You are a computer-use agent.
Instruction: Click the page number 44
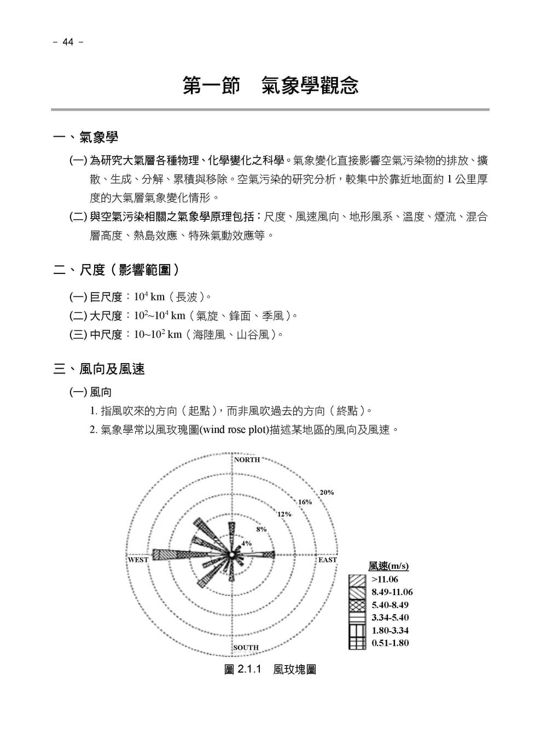pyautogui.click(x=68, y=42)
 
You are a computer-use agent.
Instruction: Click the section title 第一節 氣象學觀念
pyautogui.click(x=270, y=86)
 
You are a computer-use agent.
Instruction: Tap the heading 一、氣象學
pyautogui.click(x=86, y=137)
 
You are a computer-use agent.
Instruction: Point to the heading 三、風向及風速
pyautogui.click(x=99, y=369)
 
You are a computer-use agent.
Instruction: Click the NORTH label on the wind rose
pyautogui.click(x=247, y=459)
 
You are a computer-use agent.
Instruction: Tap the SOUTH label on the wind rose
pyautogui.click(x=246, y=648)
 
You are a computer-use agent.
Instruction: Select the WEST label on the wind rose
pyautogui.click(x=138, y=560)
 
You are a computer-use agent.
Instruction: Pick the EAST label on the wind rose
pyautogui.click(x=327, y=560)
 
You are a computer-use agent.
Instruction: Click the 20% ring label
pyautogui.click(x=327, y=492)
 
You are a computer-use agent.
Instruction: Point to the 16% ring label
pyautogui.click(x=305, y=502)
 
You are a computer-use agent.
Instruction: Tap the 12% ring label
pyautogui.click(x=284, y=514)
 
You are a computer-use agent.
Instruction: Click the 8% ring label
pyautogui.click(x=261, y=529)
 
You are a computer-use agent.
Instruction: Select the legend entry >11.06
pyautogui.click(x=385, y=579)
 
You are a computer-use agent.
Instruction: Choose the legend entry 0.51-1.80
pyautogui.click(x=390, y=643)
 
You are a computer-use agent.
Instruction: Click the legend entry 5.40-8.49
pyautogui.click(x=390, y=605)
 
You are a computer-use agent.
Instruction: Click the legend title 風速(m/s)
pyautogui.click(x=388, y=566)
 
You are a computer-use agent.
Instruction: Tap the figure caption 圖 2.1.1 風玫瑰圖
pyautogui.click(x=270, y=669)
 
